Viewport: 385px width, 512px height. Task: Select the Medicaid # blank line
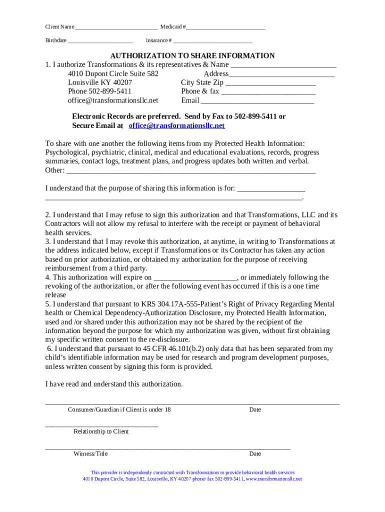coord(225,27)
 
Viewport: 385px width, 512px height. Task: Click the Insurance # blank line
coord(212,41)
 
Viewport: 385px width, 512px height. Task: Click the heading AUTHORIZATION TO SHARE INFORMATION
coord(192,56)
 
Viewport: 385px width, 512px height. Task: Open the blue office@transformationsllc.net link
coord(177,125)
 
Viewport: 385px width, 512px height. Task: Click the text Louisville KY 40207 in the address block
coord(100,82)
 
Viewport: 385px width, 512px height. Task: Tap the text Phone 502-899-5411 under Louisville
coord(99,91)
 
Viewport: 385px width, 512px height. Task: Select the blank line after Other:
coord(190,171)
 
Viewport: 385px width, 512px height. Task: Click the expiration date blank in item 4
coord(195,278)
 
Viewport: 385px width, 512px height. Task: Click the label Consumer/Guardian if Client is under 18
coord(119,410)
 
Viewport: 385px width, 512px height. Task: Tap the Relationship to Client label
coord(101,431)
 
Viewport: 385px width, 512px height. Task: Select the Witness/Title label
coord(90,454)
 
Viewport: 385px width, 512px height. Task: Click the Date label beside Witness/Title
coord(255,454)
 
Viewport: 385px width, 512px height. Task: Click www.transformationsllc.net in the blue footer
coord(274,479)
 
